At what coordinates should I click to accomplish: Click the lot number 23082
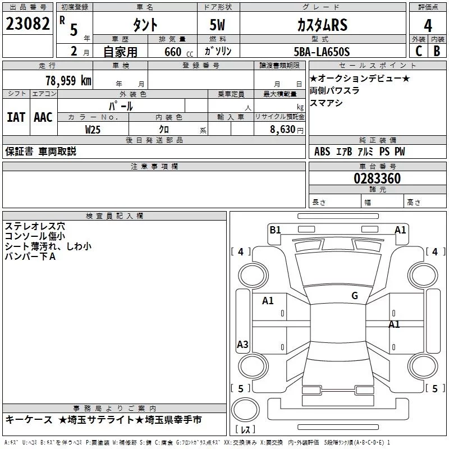[x=28, y=24]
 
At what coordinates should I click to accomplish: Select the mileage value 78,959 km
[x=68, y=80]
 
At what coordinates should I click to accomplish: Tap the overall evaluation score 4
[x=428, y=25]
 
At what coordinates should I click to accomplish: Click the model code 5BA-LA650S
[x=322, y=52]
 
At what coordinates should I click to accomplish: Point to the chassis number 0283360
[x=377, y=179]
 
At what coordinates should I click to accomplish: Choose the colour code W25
[x=94, y=129]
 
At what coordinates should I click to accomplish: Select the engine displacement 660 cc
[x=170, y=52]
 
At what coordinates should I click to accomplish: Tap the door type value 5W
[x=218, y=25]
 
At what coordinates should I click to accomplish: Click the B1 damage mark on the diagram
[x=275, y=230]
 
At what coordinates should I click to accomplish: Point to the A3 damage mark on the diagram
[x=242, y=344]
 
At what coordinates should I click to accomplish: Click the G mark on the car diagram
[x=355, y=295]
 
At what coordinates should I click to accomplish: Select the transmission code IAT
[x=16, y=117]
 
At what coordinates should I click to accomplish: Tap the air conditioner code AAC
[x=43, y=117]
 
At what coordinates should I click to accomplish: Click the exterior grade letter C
[x=419, y=52]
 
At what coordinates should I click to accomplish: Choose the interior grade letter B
[x=437, y=52]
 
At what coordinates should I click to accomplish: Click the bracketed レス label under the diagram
[x=245, y=429]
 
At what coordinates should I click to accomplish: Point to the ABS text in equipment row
[x=322, y=152]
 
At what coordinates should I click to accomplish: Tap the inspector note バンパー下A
[x=30, y=256]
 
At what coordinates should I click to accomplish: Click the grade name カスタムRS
[x=322, y=25]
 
